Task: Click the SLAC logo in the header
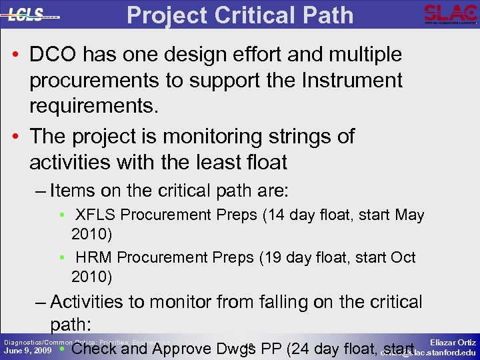tap(450, 13)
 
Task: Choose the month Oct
tap(402, 258)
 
